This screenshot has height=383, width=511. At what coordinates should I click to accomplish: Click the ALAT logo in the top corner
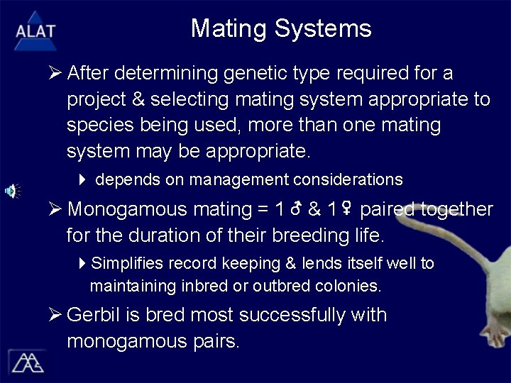[x=34, y=29]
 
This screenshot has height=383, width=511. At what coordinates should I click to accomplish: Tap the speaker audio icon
[x=13, y=190]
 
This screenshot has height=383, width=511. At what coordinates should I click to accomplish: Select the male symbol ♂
[x=296, y=210]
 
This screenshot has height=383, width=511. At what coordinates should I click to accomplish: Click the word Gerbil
[x=94, y=315]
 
